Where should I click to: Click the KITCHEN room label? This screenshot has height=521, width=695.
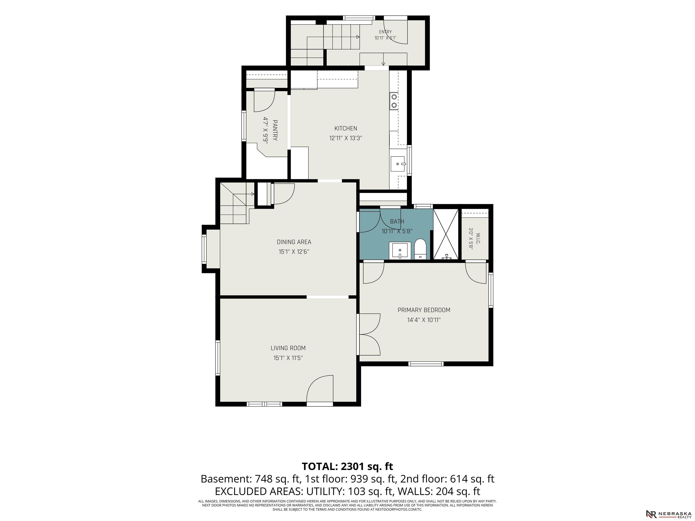pos(346,128)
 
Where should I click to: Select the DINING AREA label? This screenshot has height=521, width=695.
pos(294,242)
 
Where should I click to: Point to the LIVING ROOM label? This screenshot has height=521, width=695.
pos(288,348)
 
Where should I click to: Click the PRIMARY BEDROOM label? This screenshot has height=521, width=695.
pos(424,310)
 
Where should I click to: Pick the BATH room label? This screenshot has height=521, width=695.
pos(397,221)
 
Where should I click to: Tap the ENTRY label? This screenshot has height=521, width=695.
pos(385,32)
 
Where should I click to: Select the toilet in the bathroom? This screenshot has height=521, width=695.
pos(420,249)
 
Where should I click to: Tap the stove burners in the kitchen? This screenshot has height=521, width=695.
pos(394,101)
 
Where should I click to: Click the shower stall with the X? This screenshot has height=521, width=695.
pos(445,234)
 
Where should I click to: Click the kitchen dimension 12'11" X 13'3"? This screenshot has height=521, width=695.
pos(346,138)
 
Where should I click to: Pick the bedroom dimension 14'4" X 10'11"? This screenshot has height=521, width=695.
pos(424,320)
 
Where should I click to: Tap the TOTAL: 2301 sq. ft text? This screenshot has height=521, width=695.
pos(347,466)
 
